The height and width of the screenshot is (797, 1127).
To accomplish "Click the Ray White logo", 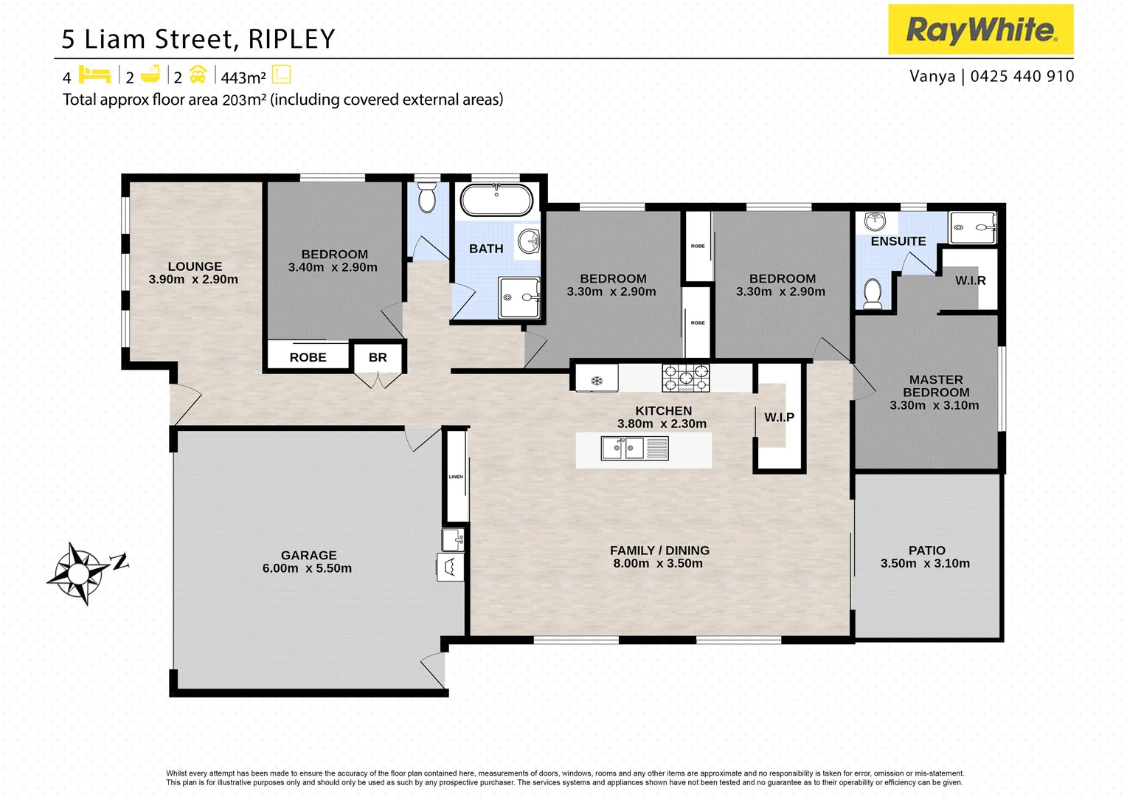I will (980, 30).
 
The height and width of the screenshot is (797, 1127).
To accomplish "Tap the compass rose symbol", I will (78, 573).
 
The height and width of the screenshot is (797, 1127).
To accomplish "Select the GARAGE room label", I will (308, 555).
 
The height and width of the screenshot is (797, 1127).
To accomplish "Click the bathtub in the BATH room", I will (496, 200).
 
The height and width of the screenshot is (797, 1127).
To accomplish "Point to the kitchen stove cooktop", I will (685, 377).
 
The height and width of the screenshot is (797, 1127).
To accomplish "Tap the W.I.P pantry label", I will (779, 417).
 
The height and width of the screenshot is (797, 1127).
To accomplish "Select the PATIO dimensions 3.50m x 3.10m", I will (925, 563).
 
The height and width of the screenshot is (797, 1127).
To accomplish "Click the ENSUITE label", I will (898, 241).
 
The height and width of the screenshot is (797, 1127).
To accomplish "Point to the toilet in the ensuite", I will (873, 293).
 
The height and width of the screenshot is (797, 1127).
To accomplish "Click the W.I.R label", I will (970, 280).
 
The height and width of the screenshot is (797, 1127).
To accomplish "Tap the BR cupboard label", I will (378, 357).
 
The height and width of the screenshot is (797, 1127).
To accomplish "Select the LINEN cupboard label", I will (456, 477).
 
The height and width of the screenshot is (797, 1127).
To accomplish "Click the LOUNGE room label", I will (195, 266).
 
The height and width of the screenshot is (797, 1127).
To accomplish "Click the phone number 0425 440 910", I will (1022, 76).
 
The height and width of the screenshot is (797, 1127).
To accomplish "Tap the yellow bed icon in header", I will (94, 75).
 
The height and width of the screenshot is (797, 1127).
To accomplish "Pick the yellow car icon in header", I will (198, 75).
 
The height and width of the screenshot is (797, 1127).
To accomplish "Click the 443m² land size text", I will (243, 77).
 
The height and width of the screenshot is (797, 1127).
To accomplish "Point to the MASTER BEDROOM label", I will (935, 386).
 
